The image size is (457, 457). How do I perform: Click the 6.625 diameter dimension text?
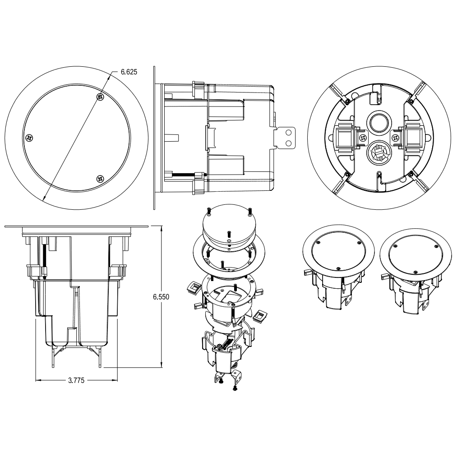click(x=129, y=72)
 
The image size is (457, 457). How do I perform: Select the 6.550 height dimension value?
click(x=161, y=297)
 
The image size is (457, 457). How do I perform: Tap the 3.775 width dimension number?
click(x=76, y=380)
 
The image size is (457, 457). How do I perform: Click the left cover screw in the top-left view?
click(x=29, y=138)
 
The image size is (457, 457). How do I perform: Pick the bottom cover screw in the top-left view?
click(x=101, y=178)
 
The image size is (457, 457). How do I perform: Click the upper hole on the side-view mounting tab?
click(x=289, y=133)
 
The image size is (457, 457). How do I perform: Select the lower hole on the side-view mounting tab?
click(x=289, y=143)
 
